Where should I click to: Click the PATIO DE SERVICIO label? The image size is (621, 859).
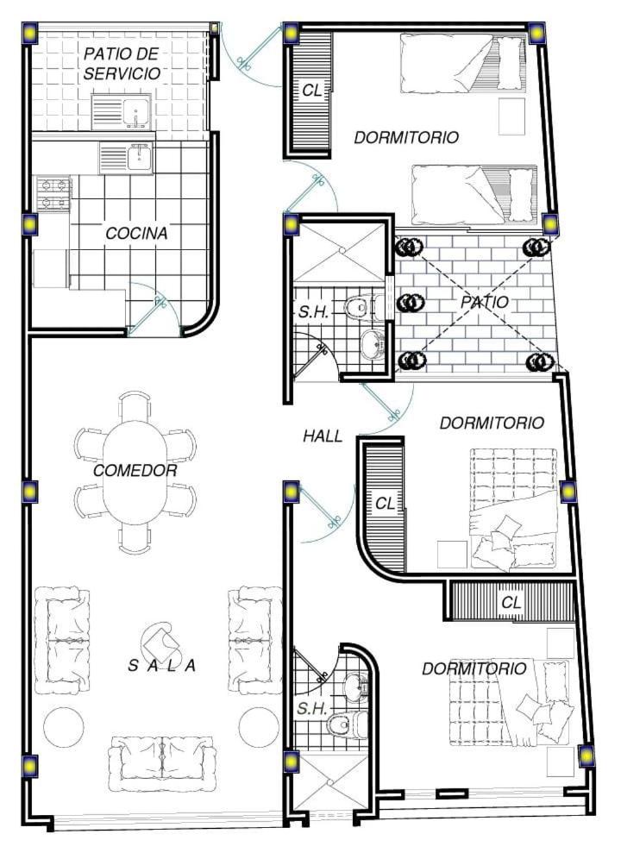[x=122, y=64]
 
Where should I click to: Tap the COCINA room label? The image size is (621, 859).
[x=136, y=234]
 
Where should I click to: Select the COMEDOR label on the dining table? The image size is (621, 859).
[x=135, y=471]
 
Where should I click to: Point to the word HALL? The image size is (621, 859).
[x=323, y=436]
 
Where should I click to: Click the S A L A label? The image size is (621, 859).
[x=161, y=666]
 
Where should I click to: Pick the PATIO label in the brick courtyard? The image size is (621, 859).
[x=484, y=302]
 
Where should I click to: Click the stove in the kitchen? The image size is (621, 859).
[x=54, y=194]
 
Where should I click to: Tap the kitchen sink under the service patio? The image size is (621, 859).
[x=126, y=157]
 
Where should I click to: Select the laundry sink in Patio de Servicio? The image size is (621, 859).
[x=121, y=112]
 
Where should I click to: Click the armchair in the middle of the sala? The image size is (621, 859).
[x=159, y=641]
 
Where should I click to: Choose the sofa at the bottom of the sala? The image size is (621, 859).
[x=161, y=763]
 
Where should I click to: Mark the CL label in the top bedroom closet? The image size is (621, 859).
[x=312, y=91]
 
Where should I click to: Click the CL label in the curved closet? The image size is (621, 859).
[x=385, y=503]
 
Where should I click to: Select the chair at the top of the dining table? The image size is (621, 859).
[x=135, y=406]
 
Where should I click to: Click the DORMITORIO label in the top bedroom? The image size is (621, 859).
[x=406, y=137]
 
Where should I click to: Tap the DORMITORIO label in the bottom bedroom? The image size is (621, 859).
[x=474, y=668]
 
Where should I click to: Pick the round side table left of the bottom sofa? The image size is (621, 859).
[x=64, y=728]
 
